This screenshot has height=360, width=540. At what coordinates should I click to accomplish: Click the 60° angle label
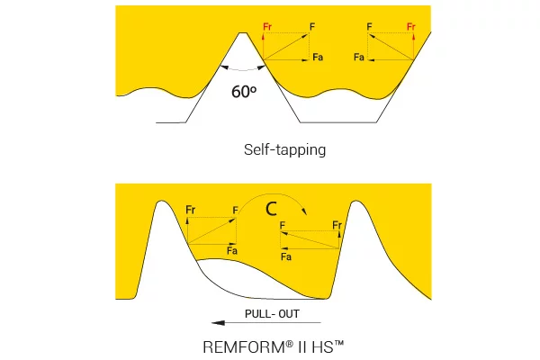244,92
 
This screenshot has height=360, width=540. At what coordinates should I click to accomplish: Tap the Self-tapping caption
284,150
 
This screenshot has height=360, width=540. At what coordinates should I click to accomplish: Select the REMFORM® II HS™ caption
273,346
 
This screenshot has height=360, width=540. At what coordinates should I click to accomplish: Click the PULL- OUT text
272,314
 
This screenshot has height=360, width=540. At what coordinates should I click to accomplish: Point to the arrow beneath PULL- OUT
266,323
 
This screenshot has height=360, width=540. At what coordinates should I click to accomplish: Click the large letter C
272,209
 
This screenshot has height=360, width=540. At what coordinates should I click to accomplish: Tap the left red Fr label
267,26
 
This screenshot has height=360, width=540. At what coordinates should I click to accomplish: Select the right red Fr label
411,26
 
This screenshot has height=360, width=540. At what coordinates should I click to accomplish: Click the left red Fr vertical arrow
264,46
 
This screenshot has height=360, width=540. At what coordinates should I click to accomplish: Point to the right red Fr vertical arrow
413,46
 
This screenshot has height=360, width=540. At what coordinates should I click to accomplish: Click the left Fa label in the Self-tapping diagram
318,57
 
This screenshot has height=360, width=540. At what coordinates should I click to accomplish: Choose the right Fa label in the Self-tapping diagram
359,57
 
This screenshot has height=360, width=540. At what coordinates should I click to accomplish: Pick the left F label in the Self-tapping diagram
312,26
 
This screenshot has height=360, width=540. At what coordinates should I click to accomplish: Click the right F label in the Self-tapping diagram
369,26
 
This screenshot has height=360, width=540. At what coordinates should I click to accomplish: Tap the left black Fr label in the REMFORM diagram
191,210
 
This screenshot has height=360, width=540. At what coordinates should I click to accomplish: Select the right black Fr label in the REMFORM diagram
337,225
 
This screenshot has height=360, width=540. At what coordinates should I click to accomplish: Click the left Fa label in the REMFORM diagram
232,250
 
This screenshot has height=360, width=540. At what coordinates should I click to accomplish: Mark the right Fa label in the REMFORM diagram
286,256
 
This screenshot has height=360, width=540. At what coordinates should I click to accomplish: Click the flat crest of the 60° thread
243,33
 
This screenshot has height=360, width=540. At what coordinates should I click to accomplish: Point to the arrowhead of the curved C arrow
304,211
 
